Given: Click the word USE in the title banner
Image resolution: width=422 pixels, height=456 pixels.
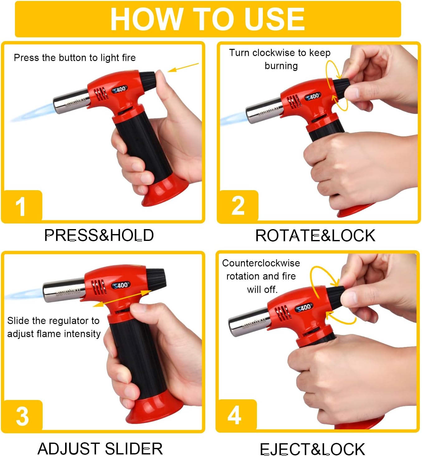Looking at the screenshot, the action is pyautogui.click(x=275, y=19).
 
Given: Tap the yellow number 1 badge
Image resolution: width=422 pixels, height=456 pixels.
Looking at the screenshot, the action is pyautogui.click(x=22, y=205).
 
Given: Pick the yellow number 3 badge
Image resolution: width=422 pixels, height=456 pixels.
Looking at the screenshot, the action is pyautogui.click(x=22, y=415).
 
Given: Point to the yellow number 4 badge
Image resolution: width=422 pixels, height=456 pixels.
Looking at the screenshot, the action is pyautogui.click(x=236, y=415).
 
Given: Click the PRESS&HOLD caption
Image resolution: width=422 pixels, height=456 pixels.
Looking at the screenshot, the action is pyautogui.click(x=99, y=235).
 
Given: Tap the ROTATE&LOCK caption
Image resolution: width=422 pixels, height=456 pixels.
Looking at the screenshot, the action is pyautogui.click(x=315, y=236).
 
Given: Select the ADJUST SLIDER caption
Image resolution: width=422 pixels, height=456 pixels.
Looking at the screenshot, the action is pyautogui.click(x=100, y=448).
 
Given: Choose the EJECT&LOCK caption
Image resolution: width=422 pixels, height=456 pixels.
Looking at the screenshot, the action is pyautogui.click(x=312, y=449).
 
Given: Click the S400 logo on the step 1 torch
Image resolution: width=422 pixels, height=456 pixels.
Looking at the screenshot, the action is pyautogui.click(x=120, y=89).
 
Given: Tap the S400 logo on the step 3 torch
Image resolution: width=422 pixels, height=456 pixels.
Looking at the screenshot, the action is pyautogui.click(x=121, y=285).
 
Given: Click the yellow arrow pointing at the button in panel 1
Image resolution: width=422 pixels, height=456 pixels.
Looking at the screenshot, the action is pyautogui.click(x=183, y=67).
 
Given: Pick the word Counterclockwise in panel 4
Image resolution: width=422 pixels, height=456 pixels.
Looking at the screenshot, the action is pyautogui.click(x=261, y=263).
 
